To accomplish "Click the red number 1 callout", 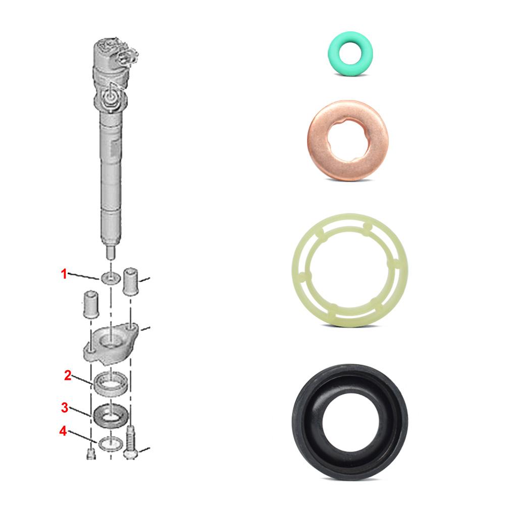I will (x=64, y=274).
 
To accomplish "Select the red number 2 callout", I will (x=67, y=375).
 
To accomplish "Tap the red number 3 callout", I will (x=64, y=407).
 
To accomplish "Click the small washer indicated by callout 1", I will (x=110, y=277).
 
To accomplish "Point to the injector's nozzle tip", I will (x=110, y=250).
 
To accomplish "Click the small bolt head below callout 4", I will (x=90, y=453).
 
